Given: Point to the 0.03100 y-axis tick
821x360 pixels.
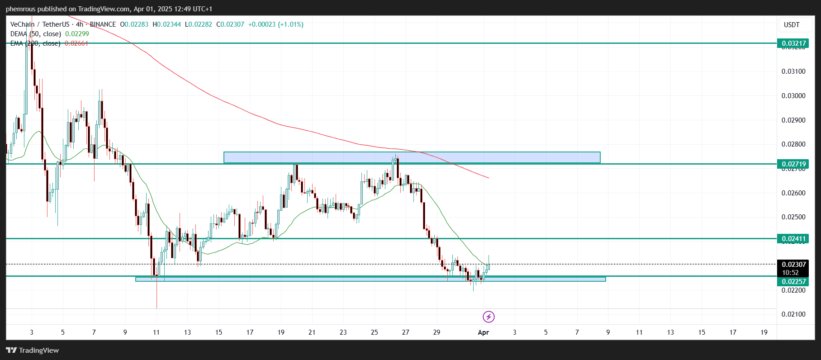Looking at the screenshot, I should [793, 71].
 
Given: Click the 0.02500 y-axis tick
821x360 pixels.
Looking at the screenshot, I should [793, 217].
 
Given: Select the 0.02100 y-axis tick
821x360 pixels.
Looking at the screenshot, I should [793, 314].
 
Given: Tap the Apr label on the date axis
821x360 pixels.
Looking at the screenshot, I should [483, 332].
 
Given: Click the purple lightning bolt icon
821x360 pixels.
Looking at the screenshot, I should [489, 317].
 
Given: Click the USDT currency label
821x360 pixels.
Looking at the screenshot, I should [792, 25].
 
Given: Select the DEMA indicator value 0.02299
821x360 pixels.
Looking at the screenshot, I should [77, 34].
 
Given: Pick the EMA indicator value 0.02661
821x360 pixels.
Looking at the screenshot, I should [76, 43].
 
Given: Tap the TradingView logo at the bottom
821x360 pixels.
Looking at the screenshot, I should [33, 350].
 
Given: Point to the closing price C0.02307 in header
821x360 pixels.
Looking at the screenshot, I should [230, 24].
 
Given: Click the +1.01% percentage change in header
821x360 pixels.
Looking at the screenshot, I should [290, 24].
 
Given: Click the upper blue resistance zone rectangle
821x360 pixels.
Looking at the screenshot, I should [412, 157].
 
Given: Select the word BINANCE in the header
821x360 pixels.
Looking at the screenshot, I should [103, 24].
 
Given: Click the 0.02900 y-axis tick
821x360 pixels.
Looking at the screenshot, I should [793, 120].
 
